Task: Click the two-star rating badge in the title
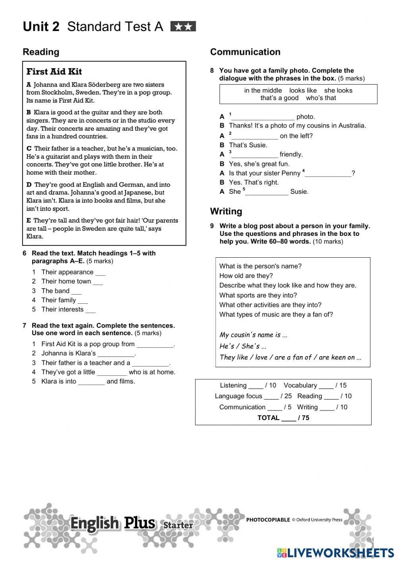(x=183, y=27)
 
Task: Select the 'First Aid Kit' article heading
(x=54, y=72)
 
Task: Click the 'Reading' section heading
(x=41, y=52)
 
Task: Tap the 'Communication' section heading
(x=245, y=52)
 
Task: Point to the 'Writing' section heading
(x=226, y=211)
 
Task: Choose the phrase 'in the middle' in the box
(x=263, y=91)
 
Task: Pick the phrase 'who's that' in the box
(x=321, y=98)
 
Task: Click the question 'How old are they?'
(x=246, y=276)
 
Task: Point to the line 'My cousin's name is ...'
(x=253, y=335)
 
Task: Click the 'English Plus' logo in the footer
(x=113, y=524)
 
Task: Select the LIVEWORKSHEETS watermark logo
(x=335, y=553)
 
